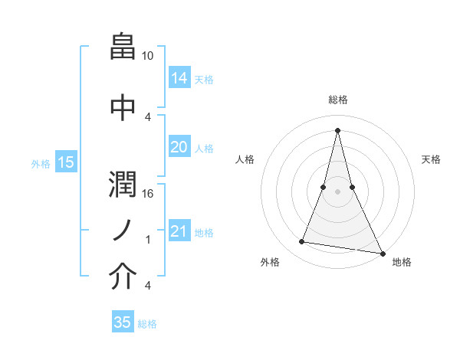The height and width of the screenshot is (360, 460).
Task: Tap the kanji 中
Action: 123,106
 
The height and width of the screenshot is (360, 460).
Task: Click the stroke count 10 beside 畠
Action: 148,56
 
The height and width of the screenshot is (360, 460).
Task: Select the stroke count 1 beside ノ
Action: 148,240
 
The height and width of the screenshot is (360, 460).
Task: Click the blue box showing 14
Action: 179,77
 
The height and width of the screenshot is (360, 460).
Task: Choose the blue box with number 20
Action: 179,147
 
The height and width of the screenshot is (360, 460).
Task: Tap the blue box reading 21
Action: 179,231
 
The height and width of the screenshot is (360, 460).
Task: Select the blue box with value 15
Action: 65,162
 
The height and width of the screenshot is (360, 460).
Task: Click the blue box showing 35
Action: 123,322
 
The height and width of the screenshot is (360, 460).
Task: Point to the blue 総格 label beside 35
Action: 147,324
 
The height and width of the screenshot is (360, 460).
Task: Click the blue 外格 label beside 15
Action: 41,163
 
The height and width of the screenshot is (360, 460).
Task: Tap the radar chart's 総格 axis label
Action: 337,100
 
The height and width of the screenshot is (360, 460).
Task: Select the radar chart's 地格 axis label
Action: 402,263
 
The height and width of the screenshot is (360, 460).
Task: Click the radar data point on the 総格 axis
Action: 337,129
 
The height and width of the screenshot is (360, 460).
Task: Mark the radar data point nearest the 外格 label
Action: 302,242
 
